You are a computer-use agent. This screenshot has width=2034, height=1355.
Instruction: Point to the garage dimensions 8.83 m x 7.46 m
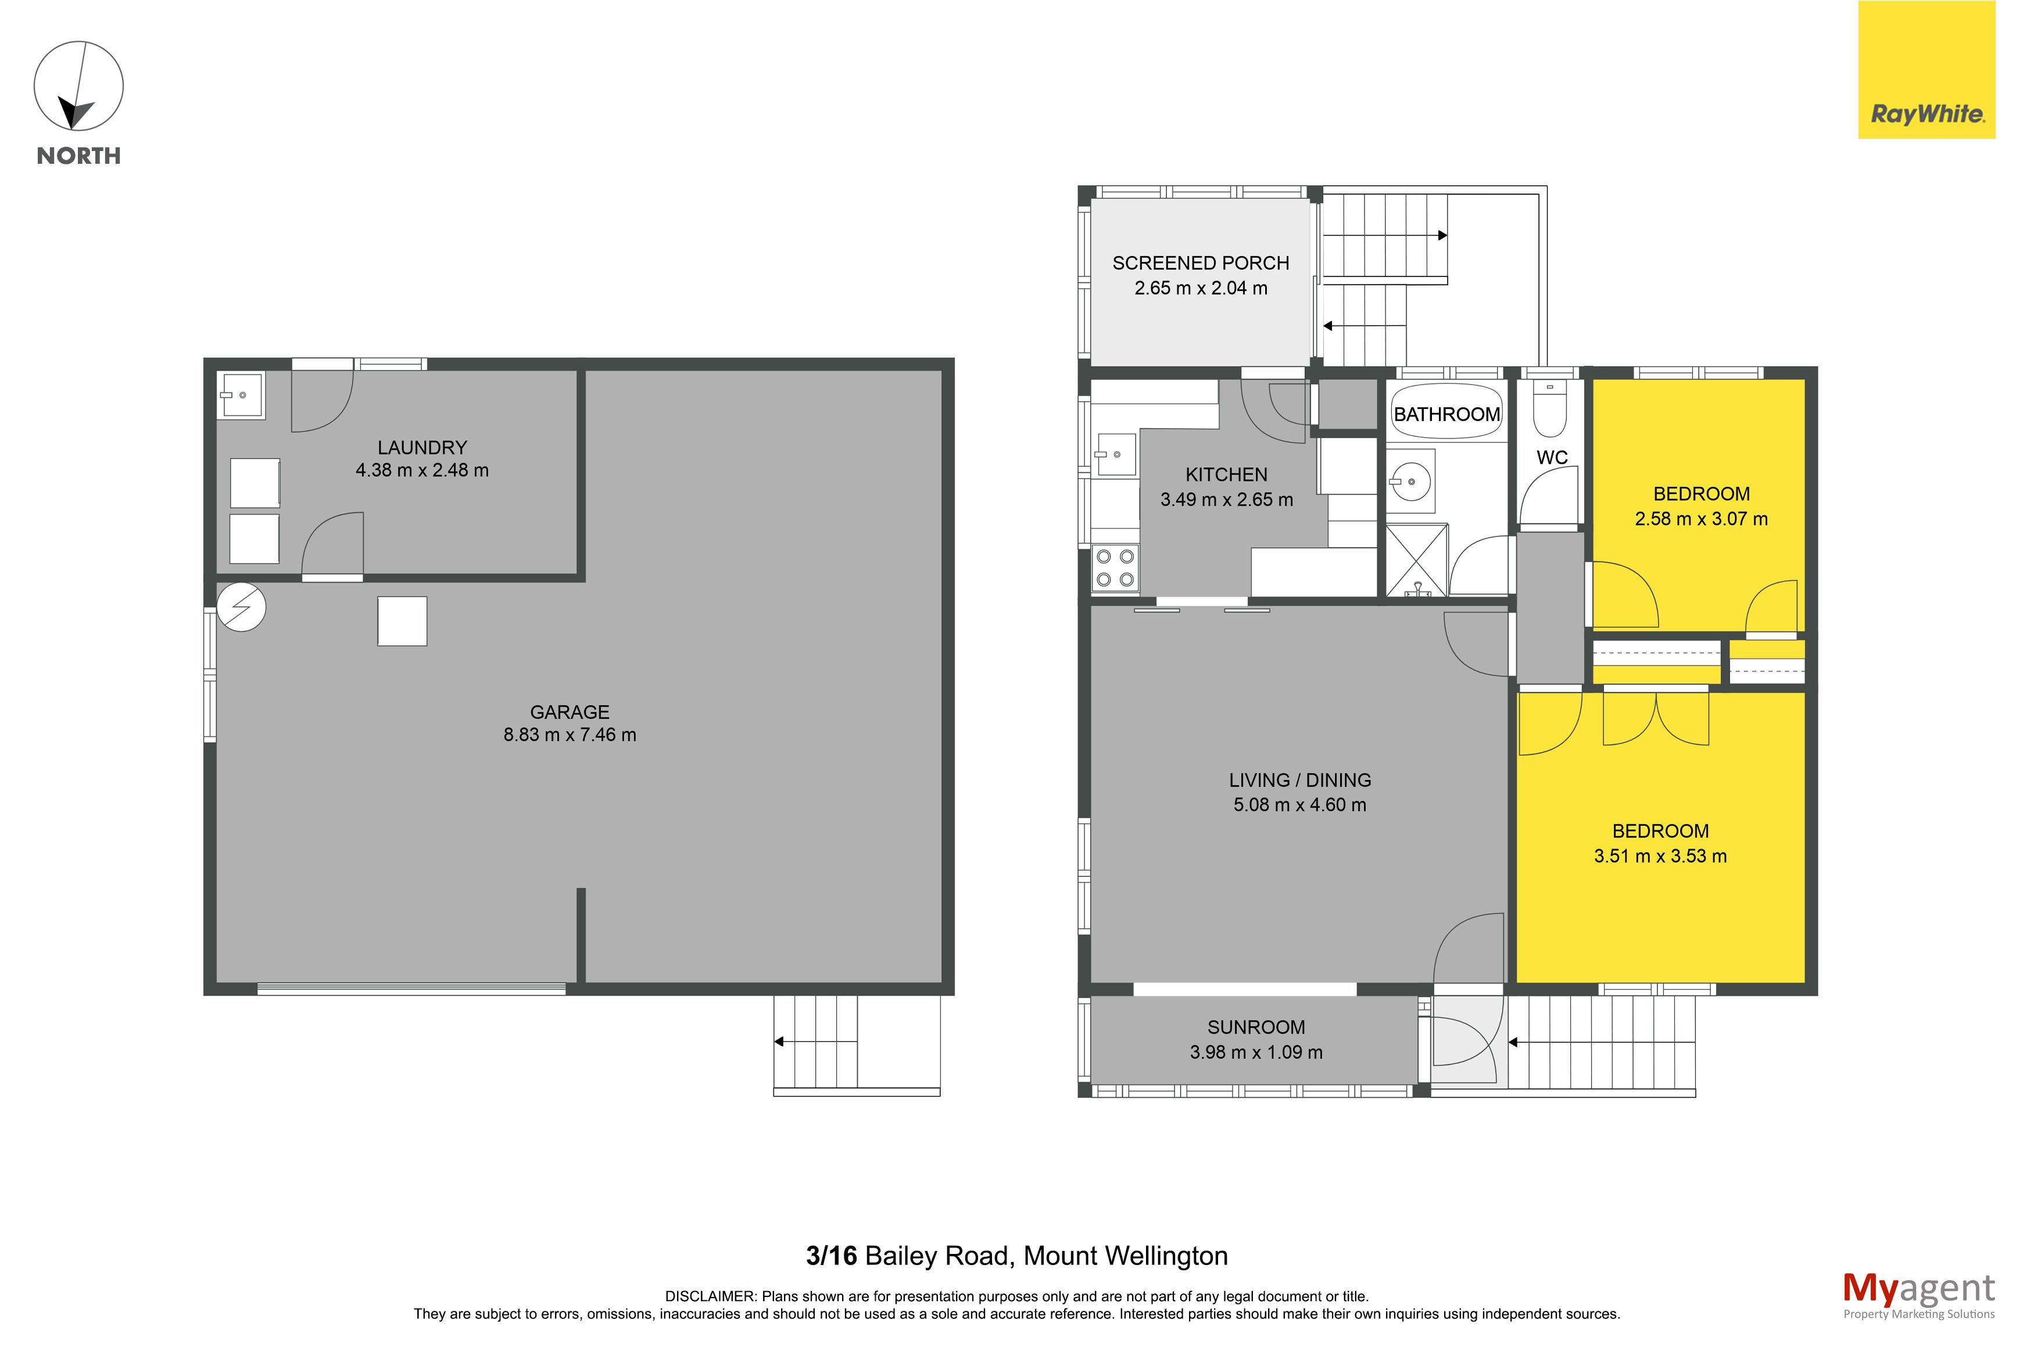570,735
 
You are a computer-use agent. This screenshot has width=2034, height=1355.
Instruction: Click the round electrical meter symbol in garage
241,608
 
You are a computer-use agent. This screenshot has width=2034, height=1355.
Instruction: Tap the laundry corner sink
241,395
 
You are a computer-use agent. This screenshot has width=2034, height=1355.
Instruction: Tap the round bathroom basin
1411,481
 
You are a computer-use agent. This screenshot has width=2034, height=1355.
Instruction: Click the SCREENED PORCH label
1201,263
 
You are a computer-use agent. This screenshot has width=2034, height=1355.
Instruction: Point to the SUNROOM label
1256,1027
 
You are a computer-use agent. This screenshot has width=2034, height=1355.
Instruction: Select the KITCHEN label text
1227,475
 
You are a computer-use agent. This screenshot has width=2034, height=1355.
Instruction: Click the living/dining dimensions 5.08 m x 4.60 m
1299,804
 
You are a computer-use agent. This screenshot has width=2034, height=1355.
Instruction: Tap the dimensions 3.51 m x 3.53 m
1660,856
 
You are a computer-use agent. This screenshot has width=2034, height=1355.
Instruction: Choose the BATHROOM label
1447,414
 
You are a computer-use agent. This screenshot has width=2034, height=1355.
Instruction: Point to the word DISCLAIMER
711,1296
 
